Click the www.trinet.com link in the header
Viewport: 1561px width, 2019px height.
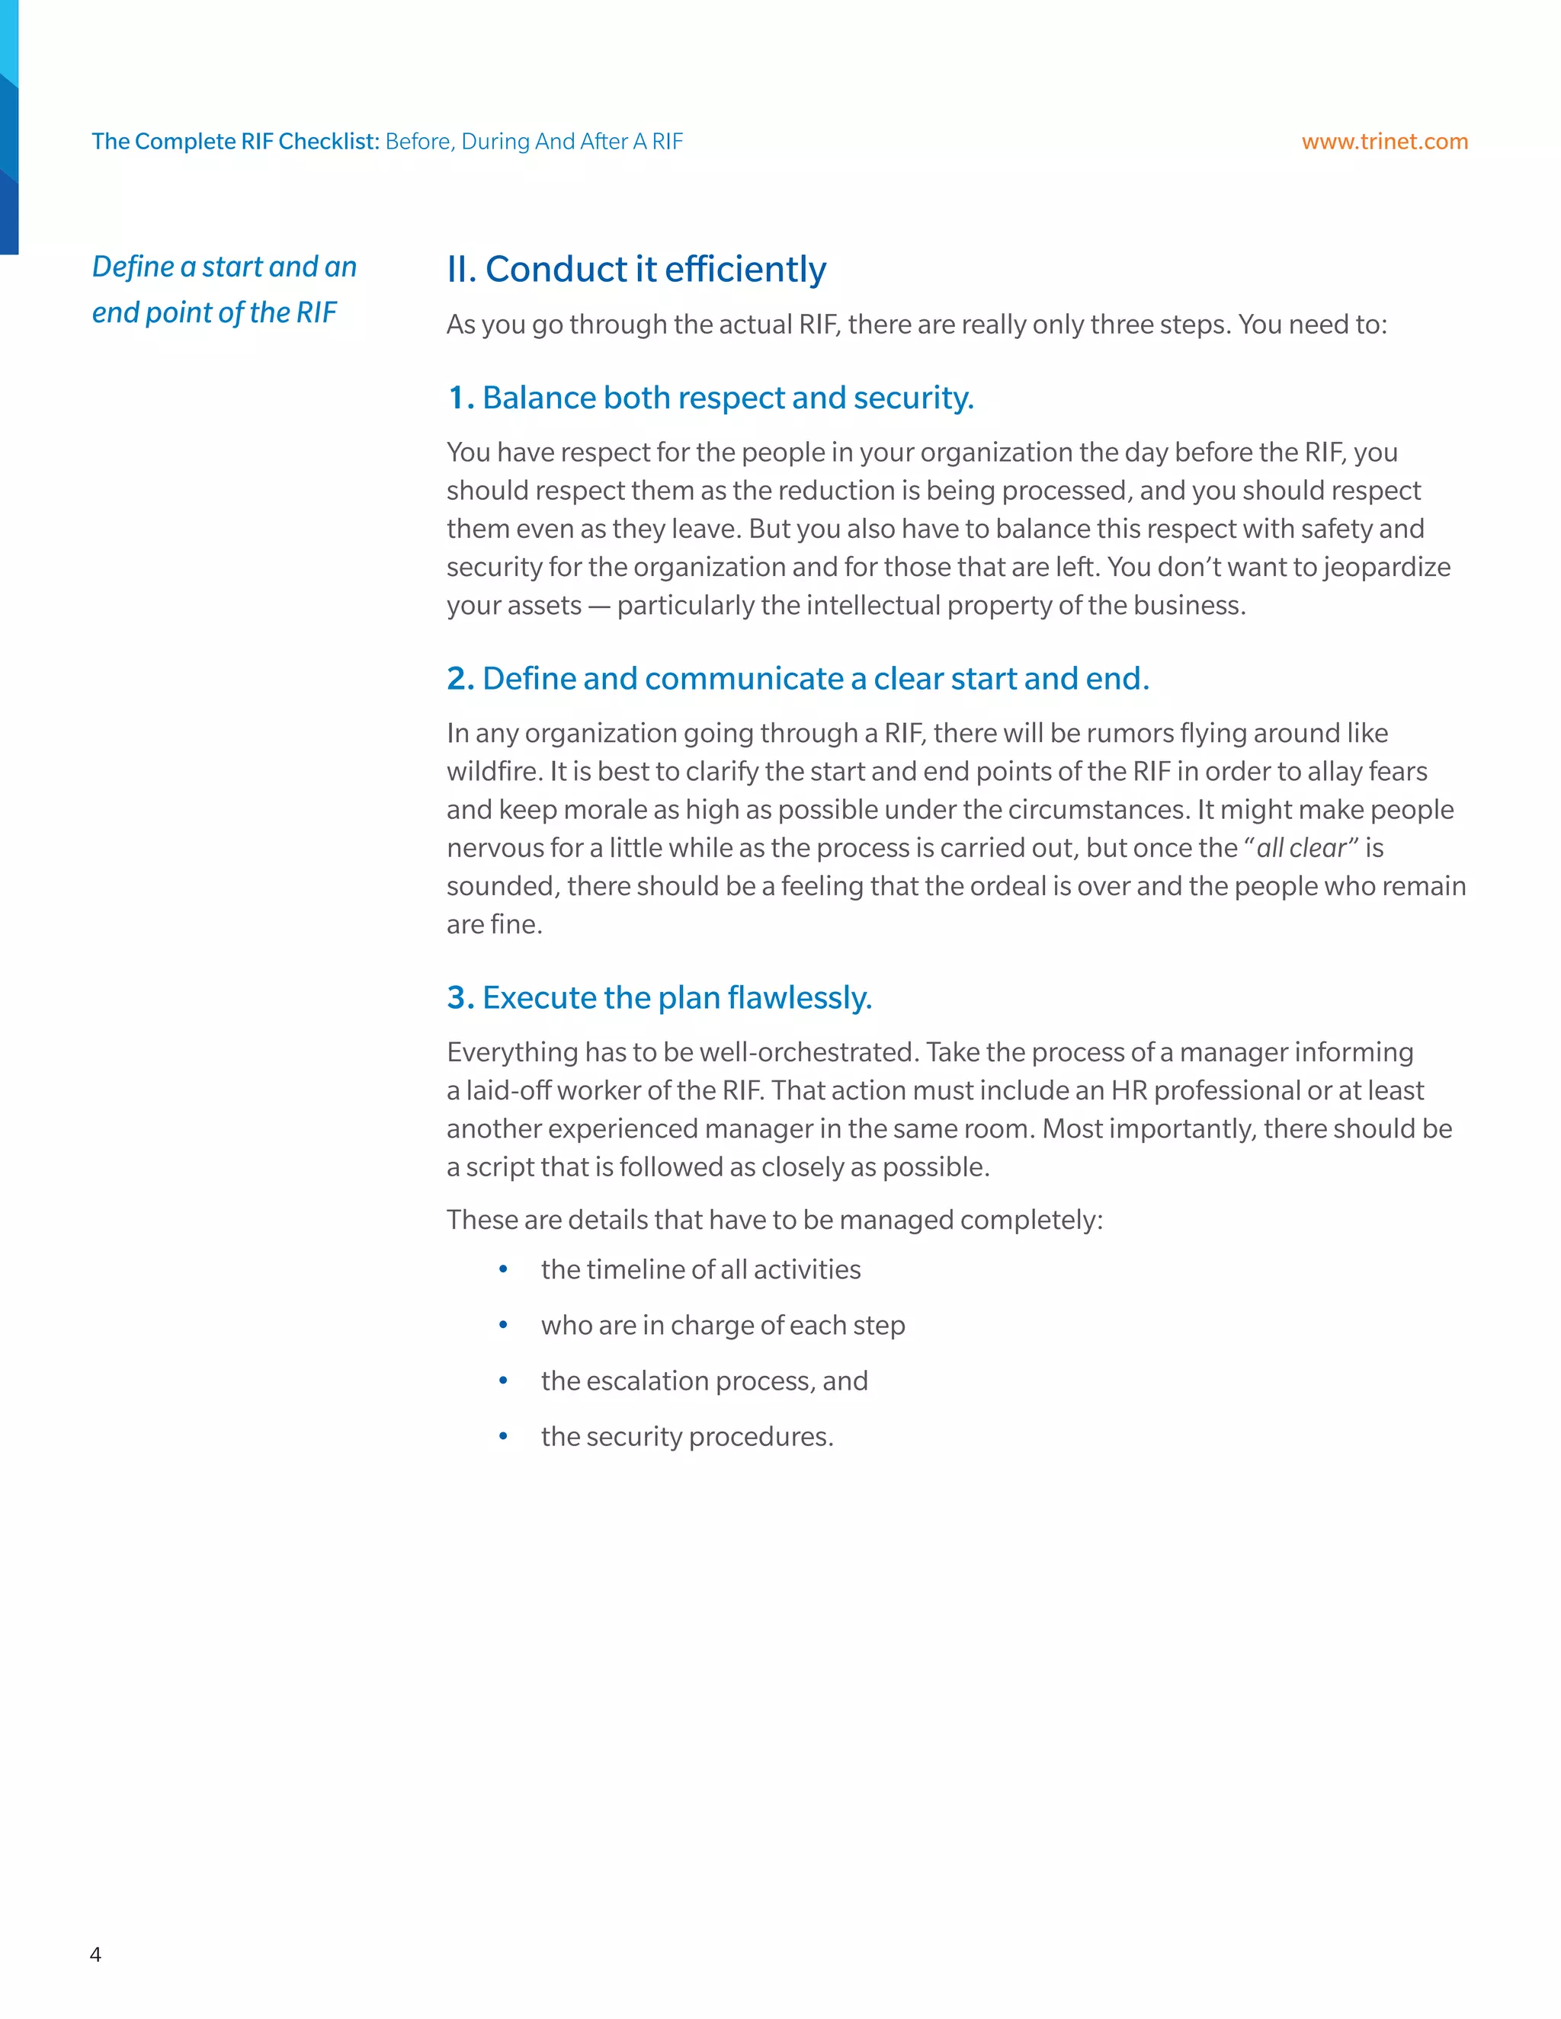point(1383,142)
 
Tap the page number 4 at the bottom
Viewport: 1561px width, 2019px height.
point(95,1953)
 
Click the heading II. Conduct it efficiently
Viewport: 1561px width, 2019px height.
point(636,269)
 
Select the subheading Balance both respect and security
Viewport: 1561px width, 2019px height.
point(710,398)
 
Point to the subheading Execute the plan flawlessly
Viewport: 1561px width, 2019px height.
point(659,997)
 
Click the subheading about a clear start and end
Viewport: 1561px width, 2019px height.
point(798,679)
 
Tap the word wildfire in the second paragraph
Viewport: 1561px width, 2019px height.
point(493,771)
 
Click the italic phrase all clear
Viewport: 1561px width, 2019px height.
point(1301,848)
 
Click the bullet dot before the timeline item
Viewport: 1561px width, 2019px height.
point(503,1269)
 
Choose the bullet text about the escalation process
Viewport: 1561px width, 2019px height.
point(704,1381)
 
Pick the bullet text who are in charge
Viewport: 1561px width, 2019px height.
point(723,1325)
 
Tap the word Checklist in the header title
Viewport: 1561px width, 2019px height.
point(329,142)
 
